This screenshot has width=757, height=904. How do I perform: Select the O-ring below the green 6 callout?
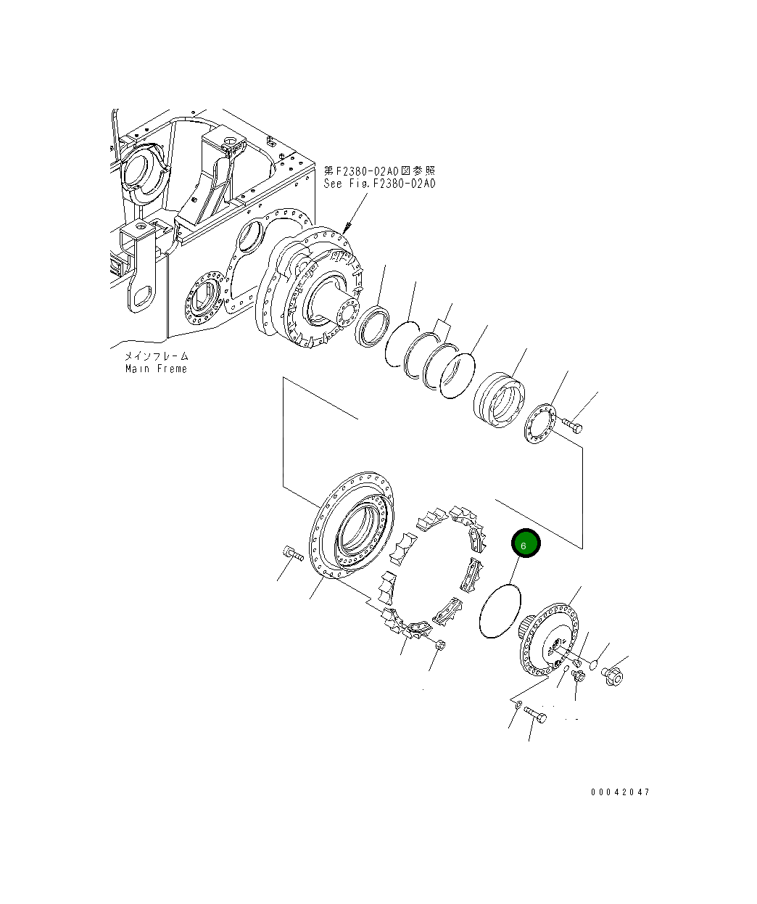click(x=500, y=612)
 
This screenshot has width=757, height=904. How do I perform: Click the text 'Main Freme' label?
click(x=155, y=369)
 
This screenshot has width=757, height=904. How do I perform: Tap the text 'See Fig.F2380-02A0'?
click(x=379, y=184)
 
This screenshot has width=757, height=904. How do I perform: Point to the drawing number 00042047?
click(x=620, y=792)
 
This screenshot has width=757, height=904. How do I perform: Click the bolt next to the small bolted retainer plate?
click(x=572, y=424)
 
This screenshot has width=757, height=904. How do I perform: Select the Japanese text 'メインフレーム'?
click(x=155, y=356)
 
